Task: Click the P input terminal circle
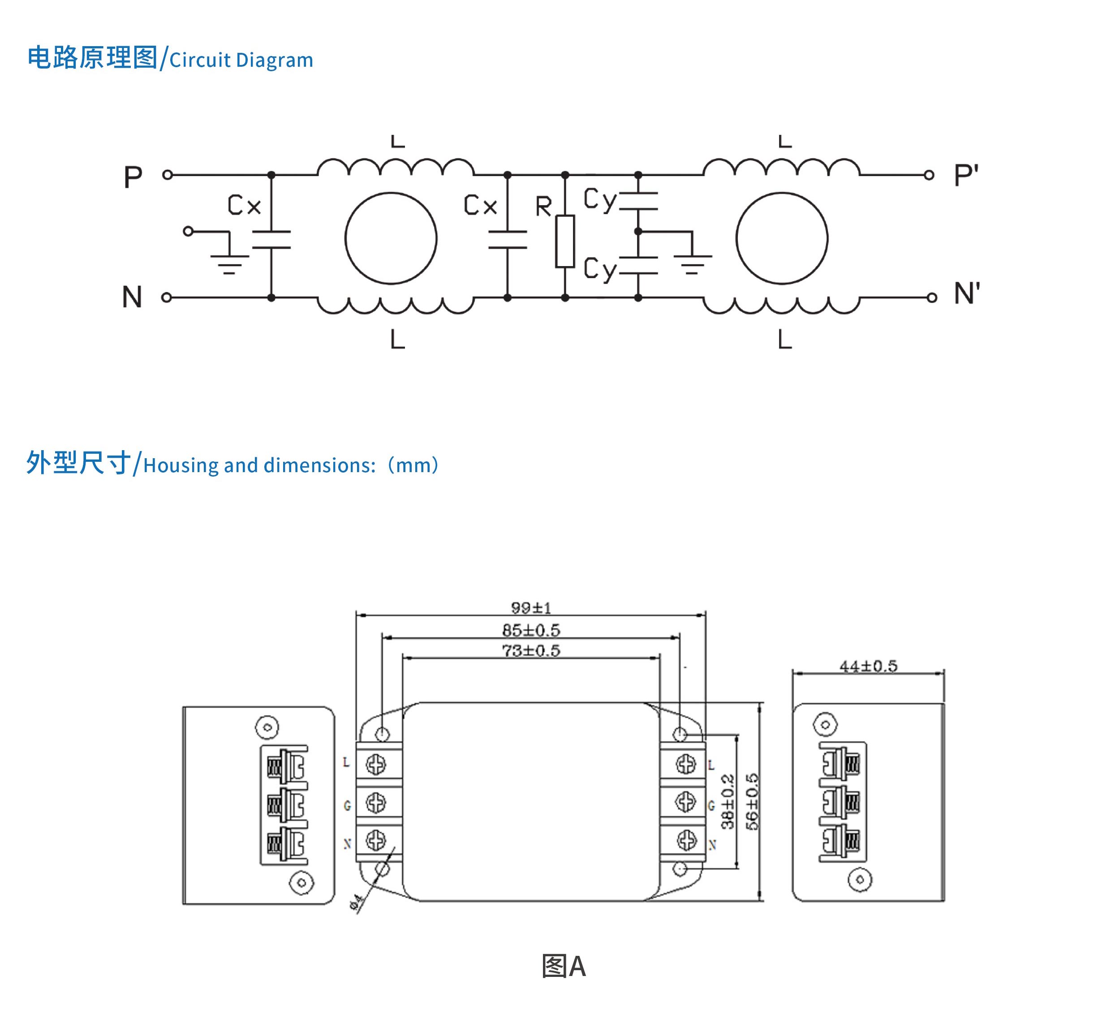[167, 175]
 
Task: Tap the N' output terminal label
[966, 294]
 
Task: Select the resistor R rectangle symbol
[565, 241]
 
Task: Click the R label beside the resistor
[543, 206]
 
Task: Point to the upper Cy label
[599, 199]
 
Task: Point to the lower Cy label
[599, 269]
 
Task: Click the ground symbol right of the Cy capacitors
[692, 263]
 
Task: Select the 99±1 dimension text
[531, 607]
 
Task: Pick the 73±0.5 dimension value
[531, 650]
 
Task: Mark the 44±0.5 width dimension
[868, 666]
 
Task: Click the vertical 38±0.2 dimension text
[727, 801]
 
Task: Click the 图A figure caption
[564, 966]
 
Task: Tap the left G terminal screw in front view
[376, 803]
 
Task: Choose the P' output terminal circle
[929, 175]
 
